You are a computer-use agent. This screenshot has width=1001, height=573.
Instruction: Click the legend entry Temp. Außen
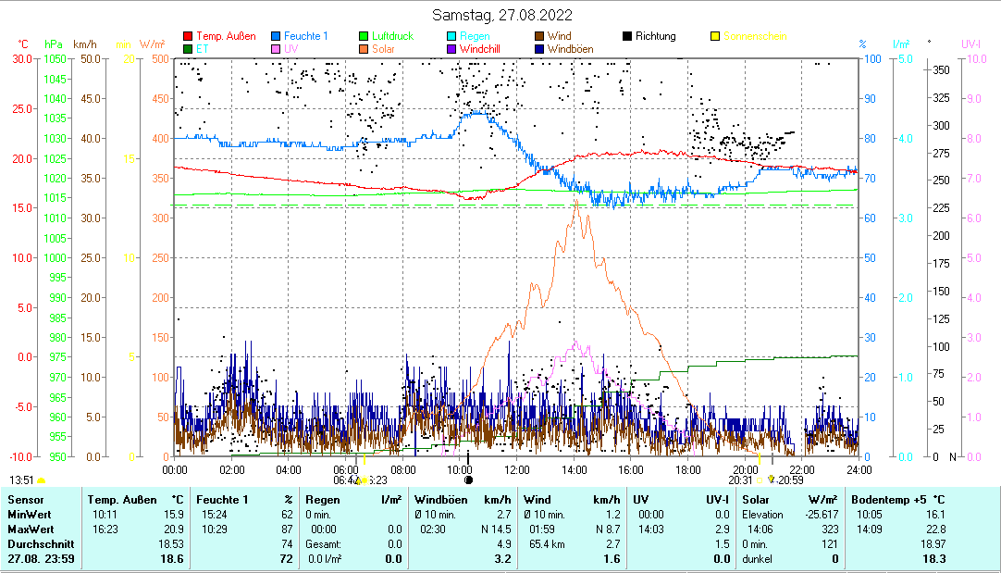tap(225, 36)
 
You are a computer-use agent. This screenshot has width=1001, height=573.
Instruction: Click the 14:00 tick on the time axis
tap(575, 469)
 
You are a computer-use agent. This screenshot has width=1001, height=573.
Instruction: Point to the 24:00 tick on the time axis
tap(859, 469)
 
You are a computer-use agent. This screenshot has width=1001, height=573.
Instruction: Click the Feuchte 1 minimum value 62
tap(287, 514)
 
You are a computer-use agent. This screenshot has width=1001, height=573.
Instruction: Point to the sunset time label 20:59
tap(790, 480)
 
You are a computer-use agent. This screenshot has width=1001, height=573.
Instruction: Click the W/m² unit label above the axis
tap(153, 44)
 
